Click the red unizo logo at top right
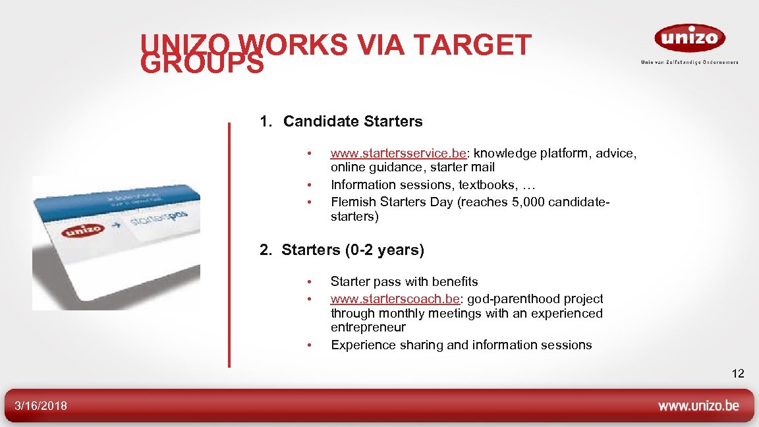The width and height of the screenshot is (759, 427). coord(689,38)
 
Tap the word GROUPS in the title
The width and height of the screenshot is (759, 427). coord(202,65)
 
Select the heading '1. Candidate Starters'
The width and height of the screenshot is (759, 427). coord(341,122)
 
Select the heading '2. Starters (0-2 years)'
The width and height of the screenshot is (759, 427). coord(342,250)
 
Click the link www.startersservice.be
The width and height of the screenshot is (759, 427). coord(398,154)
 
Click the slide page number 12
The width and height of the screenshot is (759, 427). coord(737,374)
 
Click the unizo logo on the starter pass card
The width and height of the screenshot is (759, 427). coord(82,231)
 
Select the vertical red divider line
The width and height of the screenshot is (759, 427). coord(229,244)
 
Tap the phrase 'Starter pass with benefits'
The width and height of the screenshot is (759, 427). coord(404,282)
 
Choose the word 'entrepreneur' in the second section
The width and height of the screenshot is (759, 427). coord(368,327)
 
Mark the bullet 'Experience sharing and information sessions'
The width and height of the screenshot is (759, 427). coord(461,345)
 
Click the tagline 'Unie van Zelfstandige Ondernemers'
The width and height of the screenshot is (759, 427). coord(689,63)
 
